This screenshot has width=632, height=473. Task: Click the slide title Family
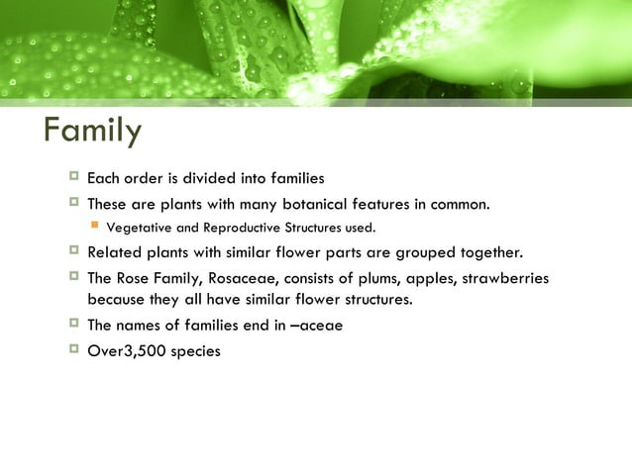(x=93, y=131)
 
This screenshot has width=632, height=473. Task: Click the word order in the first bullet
(x=143, y=179)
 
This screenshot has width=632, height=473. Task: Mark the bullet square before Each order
(x=72, y=178)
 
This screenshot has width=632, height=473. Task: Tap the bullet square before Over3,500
(x=72, y=347)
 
